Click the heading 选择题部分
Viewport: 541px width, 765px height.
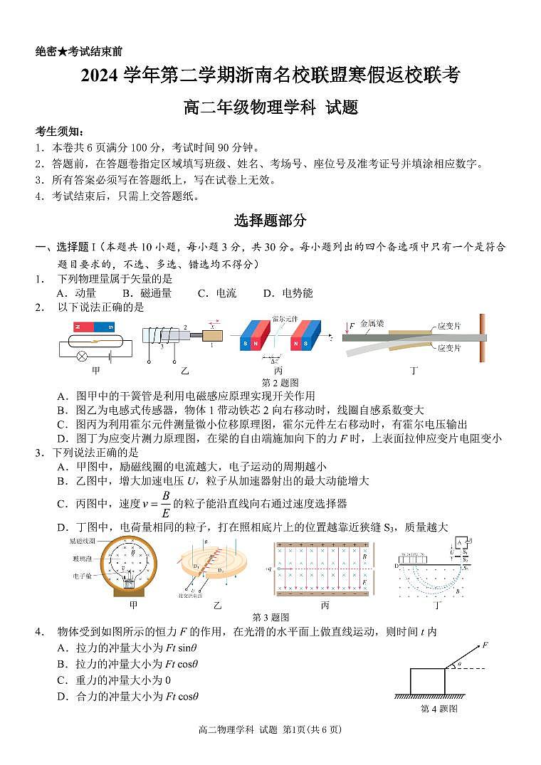tap(270, 221)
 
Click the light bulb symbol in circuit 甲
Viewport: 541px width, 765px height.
tap(83, 355)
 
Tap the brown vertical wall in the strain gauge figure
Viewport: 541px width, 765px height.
tap(482, 338)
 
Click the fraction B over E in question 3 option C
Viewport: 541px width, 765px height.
tap(165, 502)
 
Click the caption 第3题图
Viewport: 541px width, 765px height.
tap(270, 617)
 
